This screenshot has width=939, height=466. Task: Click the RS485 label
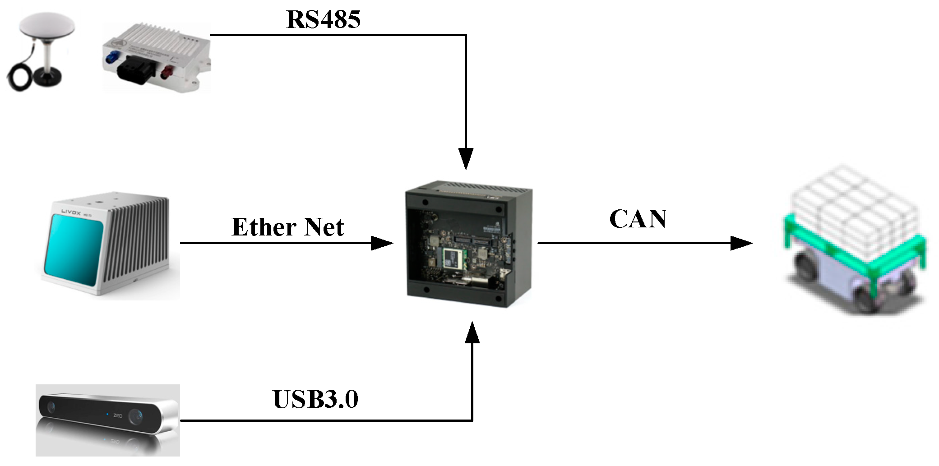click(323, 19)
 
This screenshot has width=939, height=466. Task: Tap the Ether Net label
click(287, 227)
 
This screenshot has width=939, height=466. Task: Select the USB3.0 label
click(315, 399)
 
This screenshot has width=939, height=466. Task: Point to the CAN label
click(638, 219)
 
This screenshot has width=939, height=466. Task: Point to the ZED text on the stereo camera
click(118, 415)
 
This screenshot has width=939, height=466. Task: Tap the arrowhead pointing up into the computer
click(472, 333)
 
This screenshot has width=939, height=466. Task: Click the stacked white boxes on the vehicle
click(848, 198)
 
